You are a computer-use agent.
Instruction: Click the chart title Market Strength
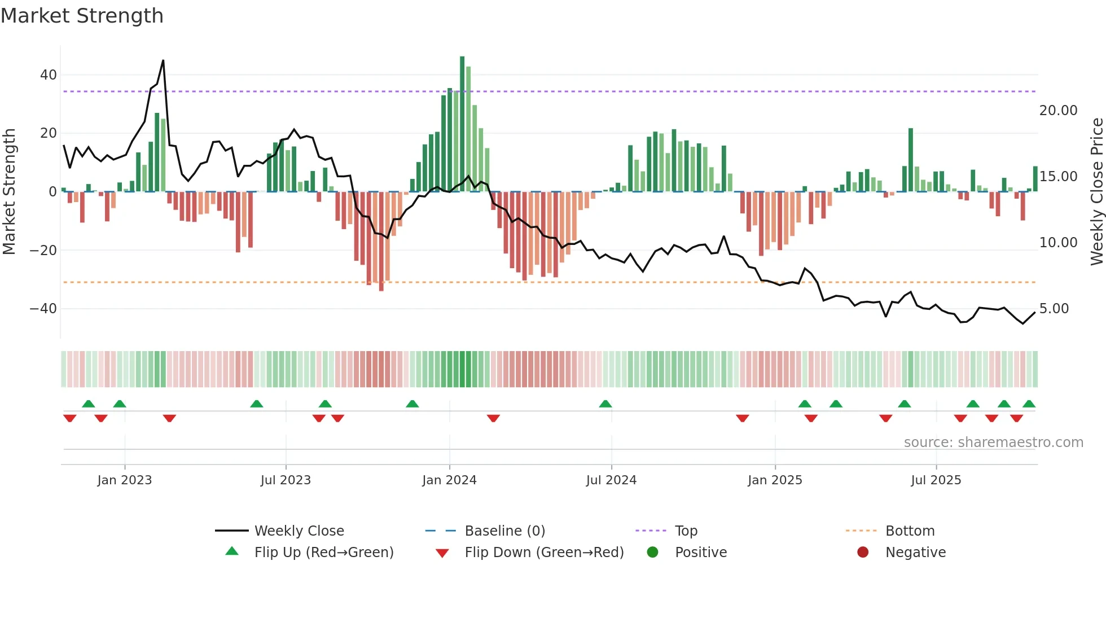[x=82, y=16]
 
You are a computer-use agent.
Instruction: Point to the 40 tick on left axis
[x=49, y=75]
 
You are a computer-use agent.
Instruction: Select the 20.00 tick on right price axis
[x=1058, y=111]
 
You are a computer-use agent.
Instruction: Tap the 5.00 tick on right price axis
[x=1054, y=309]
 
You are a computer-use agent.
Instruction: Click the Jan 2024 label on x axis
[x=449, y=480]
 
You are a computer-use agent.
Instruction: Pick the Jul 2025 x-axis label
[x=936, y=480]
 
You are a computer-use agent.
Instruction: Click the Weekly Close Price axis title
[x=1096, y=192]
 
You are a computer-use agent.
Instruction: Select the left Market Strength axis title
[x=9, y=192]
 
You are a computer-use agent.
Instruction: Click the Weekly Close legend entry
[x=299, y=531]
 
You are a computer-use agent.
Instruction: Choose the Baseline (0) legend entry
[x=504, y=531]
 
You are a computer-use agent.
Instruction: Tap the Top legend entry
[x=686, y=531]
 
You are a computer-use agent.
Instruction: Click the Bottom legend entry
[x=910, y=531]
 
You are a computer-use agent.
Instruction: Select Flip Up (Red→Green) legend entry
[x=323, y=553]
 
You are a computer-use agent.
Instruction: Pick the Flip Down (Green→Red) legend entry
[x=544, y=553]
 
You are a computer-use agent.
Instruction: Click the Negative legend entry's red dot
[x=863, y=552]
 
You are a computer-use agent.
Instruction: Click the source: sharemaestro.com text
[x=993, y=443]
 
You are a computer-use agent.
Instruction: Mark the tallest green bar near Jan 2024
[x=462, y=124]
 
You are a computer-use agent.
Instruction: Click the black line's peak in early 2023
[x=163, y=60]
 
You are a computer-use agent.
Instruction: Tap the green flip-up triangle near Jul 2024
[x=605, y=404]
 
